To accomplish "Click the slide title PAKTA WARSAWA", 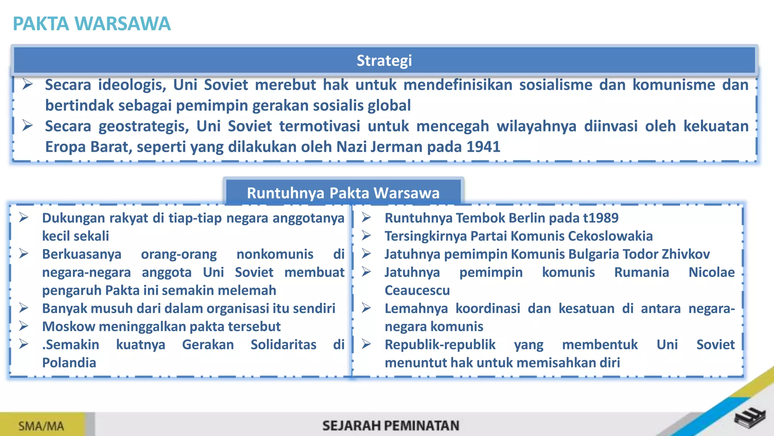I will pyautogui.click(x=91, y=23).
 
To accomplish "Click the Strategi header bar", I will pyautogui.click(x=384, y=61).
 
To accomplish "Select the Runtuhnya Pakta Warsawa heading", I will pyautogui.click(x=343, y=193).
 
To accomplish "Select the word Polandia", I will pyautogui.click(x=69, y=363).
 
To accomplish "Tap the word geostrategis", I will pyautogui.click(x=144, y=126).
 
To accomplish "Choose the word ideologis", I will pyautogui.click(x=132, y=85).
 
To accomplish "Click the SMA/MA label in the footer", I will pyautogui.click(x=41, y=426).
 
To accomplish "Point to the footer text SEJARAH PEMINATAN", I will pyautogui.click(x=391, y=426).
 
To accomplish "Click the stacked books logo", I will pyautogui.click(x=750, y=418).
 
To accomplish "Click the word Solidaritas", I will pyautogui.click(x=283, y=344).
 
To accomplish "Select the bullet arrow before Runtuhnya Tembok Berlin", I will pyautogui.click(x=366, y=218).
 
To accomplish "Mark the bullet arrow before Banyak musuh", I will pyautogui.click(x=24, y=308).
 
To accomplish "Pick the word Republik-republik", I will pyautogui.click(x=440, y=344).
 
